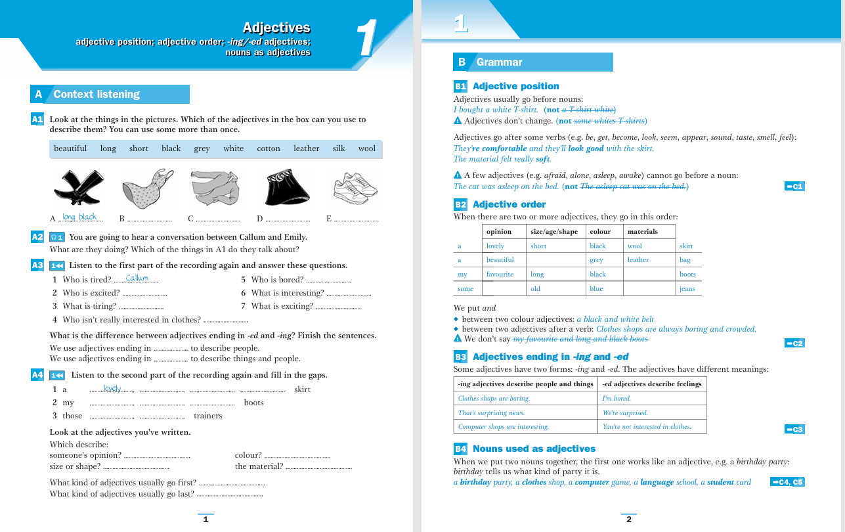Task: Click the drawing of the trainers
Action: point(353,188)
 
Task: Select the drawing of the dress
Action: point(147,188)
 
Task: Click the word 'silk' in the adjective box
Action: point(339,148)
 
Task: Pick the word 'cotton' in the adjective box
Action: point(269,148)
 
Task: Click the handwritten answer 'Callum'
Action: point(137,278)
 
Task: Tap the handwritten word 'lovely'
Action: point(112,388)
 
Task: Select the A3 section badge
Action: point(37,265)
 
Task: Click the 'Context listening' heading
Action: point(97,95)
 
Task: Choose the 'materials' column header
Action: point(642,231)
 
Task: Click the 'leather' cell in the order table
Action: point(638,260)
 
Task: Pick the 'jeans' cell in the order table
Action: point(687,289)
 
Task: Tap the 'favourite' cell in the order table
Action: point(500,275)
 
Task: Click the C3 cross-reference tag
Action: point(794,430)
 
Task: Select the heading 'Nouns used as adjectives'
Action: point(534,449)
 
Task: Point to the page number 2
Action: point(628,520)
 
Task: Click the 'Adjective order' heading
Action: point(509,204)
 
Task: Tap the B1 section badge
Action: point(460,86)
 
